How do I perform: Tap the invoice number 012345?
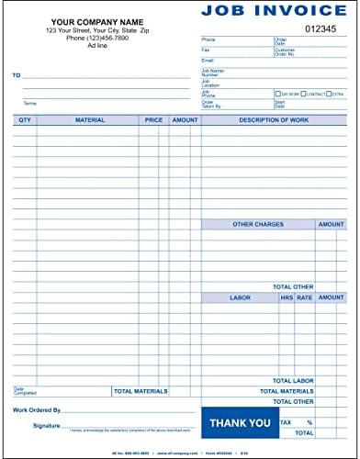coord(321,28)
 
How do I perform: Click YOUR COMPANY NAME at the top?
coord(97,21)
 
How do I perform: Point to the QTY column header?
coord(25,119)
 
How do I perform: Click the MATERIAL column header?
coord(89,119)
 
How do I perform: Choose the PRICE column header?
coord(152,119)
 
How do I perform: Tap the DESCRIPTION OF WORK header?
coord(274,119)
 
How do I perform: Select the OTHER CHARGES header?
coord(258,224)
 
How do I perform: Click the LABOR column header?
coord(239,297)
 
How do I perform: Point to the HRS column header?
coord(287,297)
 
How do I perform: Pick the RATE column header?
coord(303,297)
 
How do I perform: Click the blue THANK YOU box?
coord(240,422)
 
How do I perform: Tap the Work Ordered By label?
coord(37,409)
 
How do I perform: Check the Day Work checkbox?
coord(277,94)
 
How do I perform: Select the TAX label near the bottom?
coord(285,422)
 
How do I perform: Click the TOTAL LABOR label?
coord(294,380)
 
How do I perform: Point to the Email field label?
coord(208,60)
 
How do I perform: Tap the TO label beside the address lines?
coord(17,75)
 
